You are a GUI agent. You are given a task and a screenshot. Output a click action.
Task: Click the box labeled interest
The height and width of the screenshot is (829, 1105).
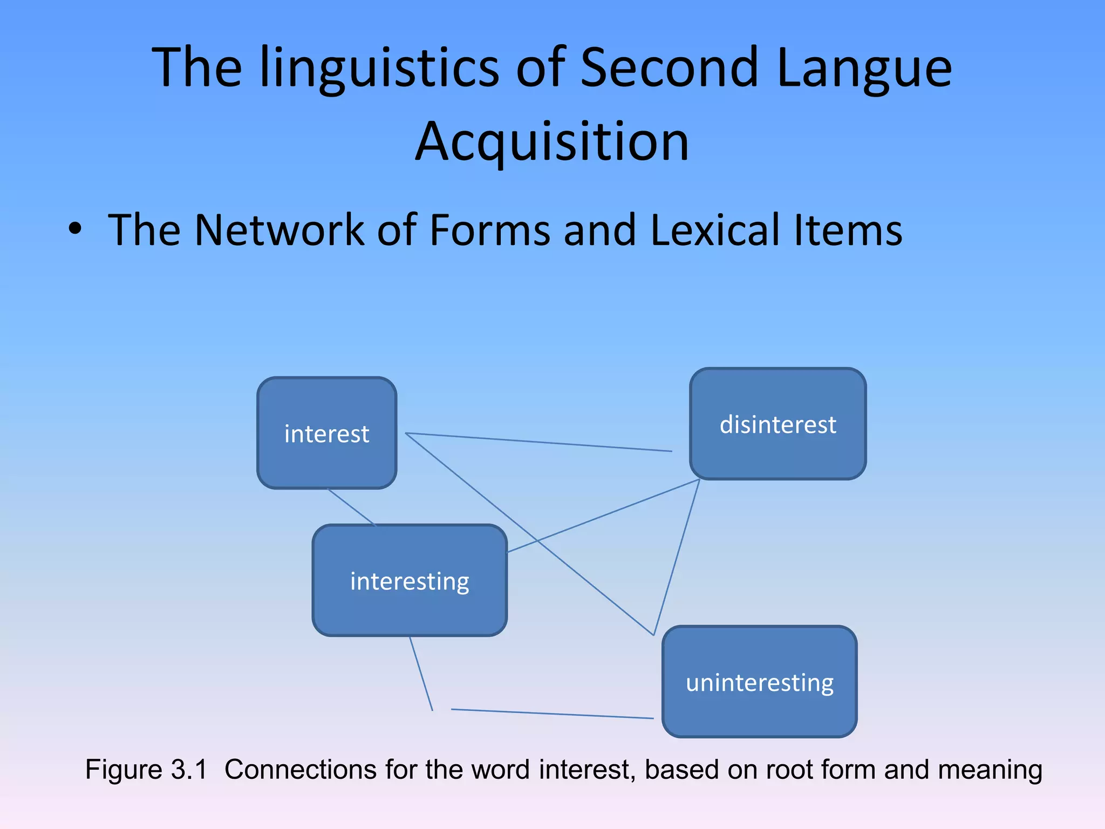pos(327,433)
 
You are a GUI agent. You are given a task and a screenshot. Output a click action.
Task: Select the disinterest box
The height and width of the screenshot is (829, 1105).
pos(777,424)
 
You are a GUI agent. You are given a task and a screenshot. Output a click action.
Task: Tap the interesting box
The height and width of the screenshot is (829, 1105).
pos(410,581)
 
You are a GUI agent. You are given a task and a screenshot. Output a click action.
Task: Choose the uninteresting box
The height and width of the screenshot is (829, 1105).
pos(759,682)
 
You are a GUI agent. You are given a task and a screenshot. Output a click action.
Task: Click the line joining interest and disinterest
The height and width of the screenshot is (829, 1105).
pos(540,442)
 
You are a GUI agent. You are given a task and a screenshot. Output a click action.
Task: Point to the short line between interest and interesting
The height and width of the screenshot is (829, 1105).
pos(351,507)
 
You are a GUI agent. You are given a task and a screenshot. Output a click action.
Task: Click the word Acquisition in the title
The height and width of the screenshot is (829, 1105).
pos(552,141)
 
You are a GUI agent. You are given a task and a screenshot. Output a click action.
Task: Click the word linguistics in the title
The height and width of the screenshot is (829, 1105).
pos(380,67)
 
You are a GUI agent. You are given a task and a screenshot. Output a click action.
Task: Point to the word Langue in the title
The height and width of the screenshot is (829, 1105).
pos(864,67)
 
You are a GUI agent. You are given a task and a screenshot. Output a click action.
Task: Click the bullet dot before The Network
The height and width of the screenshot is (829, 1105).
pos(76,229)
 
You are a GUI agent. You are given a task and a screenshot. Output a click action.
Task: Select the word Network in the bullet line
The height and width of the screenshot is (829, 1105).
pos(279,230)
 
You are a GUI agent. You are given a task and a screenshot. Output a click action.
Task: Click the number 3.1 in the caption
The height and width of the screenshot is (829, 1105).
pos(189,770)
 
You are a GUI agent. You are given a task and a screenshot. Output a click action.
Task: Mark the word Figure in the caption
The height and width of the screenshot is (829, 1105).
pos(124,770)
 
